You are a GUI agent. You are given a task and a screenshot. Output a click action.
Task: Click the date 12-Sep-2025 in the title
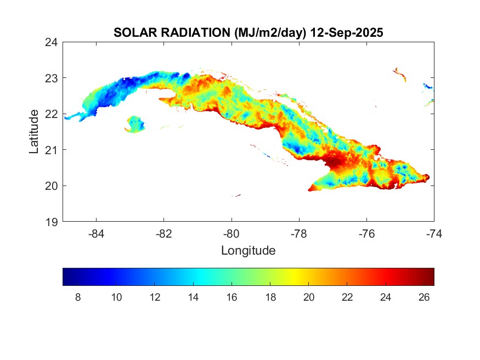(x=346, y=33)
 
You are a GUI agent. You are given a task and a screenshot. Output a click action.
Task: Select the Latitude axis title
(x=34, y=132)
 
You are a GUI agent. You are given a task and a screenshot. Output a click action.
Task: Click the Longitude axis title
(x=248, y=251)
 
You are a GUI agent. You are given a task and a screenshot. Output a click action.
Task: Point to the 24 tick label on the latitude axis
(x=53, y=42)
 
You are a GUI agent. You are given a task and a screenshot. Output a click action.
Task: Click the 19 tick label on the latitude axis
(x=53, y=222)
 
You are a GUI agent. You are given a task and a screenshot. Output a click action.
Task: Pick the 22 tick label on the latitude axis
(x=53, y=114)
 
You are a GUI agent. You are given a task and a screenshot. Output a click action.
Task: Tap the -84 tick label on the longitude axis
(x=97, y=233)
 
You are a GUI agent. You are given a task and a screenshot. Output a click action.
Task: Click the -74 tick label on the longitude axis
(x=434, y=233)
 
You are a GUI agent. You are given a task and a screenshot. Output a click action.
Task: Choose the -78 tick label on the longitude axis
(x=299, y=233)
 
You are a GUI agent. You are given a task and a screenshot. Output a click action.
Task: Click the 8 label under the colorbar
(x=77, y=297)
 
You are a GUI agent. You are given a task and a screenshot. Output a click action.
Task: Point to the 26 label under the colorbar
(x=424, y=297)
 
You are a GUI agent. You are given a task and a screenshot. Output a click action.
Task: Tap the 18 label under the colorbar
(x=270, y=297)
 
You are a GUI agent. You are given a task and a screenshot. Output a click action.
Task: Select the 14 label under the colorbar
(x=193, y=297)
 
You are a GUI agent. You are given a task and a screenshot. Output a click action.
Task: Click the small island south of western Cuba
(x=135, y=124)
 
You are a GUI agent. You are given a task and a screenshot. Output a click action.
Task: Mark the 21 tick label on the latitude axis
(x=53, y=150)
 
